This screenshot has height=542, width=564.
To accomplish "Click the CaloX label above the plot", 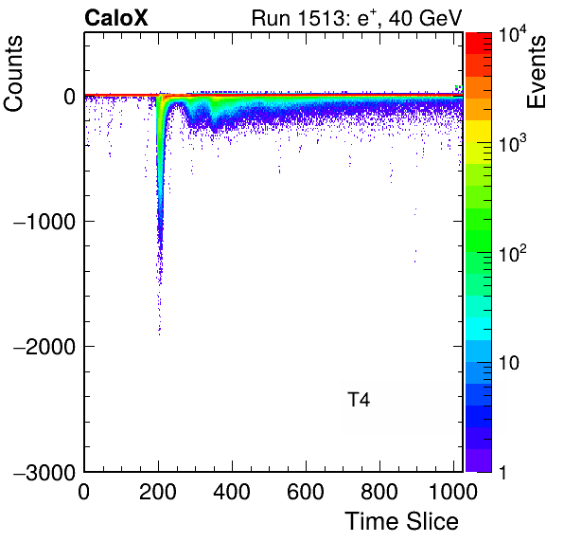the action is click(x=116, y=18).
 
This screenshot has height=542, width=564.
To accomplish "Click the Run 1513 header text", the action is click(x=357, y=18).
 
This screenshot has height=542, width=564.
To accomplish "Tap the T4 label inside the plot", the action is click(x=359, y=400).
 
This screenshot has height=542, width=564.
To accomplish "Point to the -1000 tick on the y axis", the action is click(x=44, y=222).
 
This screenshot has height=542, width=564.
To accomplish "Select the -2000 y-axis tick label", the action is click(x=44, y=347).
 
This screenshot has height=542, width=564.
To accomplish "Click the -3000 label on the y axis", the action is click(x=44, y=472).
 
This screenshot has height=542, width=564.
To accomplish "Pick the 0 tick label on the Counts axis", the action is click(x=69, y=97).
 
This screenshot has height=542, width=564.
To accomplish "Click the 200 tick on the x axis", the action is click(x=158, y=492).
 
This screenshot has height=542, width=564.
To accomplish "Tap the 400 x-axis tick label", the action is click(x=232, y=492).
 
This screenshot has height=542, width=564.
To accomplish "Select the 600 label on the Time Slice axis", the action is click(x=306, y=492).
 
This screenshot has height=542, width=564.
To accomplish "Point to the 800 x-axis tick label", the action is click(x=379, y=492).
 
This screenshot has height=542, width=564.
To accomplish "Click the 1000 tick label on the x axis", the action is click(x=453, y=492).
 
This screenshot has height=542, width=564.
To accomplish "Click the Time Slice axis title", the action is click(x=402, y=521).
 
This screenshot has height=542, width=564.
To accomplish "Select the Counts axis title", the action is click(x=13, y=74).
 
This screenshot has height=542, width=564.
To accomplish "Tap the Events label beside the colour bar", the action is click(x=536, y=72).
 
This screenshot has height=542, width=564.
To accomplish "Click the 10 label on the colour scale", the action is click(x=508, y=363).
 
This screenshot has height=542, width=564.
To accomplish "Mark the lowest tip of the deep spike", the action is click(x=159, y=334).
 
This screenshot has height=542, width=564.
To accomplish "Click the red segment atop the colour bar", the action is click(x=479, y=44).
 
